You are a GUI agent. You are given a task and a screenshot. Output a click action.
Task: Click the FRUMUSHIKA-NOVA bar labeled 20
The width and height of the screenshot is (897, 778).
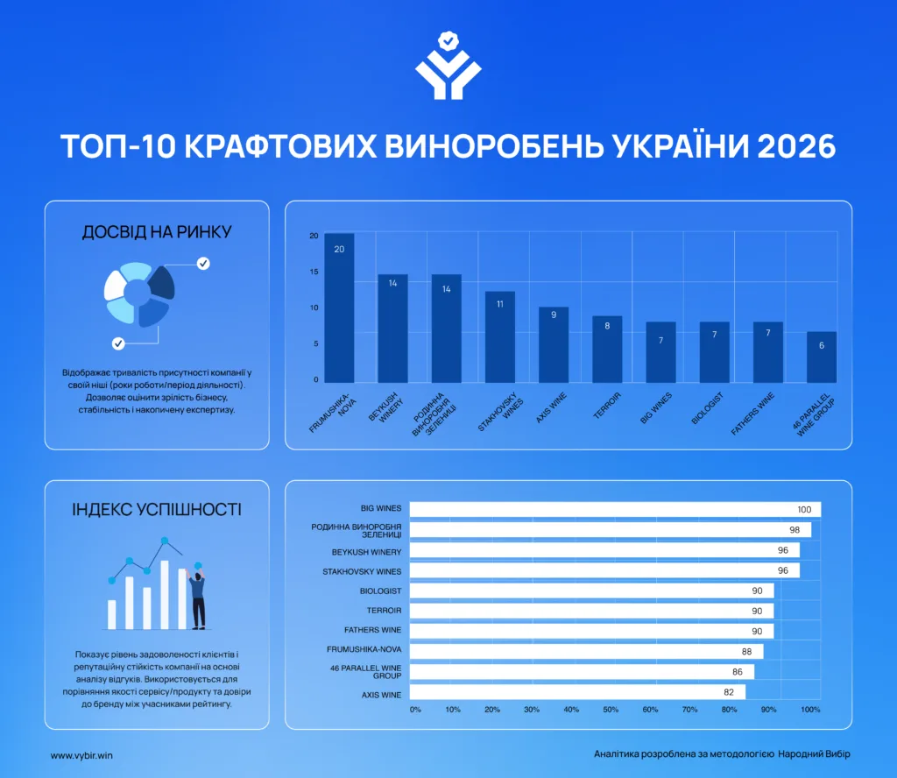(x=339, y=308)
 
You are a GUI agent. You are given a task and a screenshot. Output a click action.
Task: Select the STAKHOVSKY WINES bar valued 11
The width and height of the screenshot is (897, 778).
(x=500, y=337)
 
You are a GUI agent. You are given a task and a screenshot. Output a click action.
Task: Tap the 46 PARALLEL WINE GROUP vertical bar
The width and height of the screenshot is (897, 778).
(x=822, y=357)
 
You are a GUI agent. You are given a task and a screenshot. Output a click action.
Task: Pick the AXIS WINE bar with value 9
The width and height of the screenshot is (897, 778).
(x=554, y=344)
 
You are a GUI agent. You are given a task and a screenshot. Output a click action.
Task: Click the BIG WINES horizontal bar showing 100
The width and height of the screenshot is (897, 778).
(x=615, y=509)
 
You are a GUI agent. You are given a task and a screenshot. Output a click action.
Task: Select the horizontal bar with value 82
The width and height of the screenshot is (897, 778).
(x=577, y=692)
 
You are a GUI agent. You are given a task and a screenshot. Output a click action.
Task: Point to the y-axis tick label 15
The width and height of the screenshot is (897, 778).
(x=314, y=272)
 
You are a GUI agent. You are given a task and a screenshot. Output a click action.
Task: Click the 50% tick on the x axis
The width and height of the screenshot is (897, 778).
(x=611, y=710)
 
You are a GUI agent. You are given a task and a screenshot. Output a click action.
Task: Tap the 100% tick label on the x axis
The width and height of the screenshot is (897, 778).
(x=810, y=710)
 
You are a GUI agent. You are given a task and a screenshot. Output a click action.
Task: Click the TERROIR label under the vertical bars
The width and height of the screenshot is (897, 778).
(x=607, y=406)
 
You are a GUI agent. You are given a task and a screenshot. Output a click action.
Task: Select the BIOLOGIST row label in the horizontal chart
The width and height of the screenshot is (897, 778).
(x=380, y=591)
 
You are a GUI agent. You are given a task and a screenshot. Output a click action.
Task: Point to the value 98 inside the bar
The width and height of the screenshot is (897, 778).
(x=795, y=530)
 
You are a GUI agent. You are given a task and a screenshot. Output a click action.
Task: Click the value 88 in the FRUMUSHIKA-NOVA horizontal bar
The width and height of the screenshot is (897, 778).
(x=746, y=652)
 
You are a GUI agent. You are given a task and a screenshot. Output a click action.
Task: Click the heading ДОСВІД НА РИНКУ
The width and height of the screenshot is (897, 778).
(x=157, y=231)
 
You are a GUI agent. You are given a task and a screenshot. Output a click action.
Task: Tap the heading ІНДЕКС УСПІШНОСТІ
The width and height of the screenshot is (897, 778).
(x=157, y=509)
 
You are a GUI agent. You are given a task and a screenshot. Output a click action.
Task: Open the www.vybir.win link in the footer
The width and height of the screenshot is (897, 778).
(x=81, y=755)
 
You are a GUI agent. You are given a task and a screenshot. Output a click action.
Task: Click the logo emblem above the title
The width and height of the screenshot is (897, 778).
(x=448, y=66)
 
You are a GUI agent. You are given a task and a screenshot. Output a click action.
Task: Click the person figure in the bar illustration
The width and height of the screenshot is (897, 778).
(x=197, y=598)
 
